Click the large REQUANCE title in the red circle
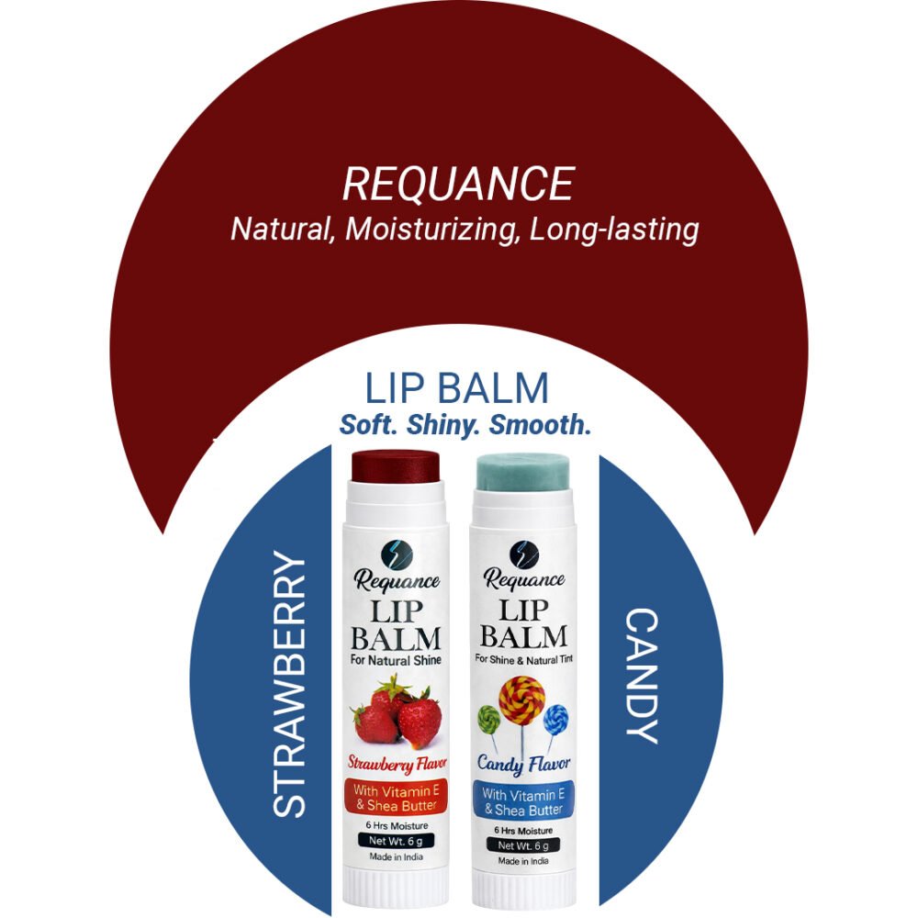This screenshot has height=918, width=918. pyautogui.click(x=458, y=184)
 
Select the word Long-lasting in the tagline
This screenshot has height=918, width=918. pyautogui.click(x=614, y=229)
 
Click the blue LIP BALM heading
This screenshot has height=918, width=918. pyautogui.click(x=456, y=388)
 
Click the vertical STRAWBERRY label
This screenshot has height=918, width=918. pyautogui.click(x=290, y=685)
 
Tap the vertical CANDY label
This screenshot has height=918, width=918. pyautogui.click(x=640, y=677)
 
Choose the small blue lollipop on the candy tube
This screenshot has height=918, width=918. pyautogui.click(x=554, y=719)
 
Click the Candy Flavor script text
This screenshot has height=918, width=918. pyautogui.click(x=522, y=762)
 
